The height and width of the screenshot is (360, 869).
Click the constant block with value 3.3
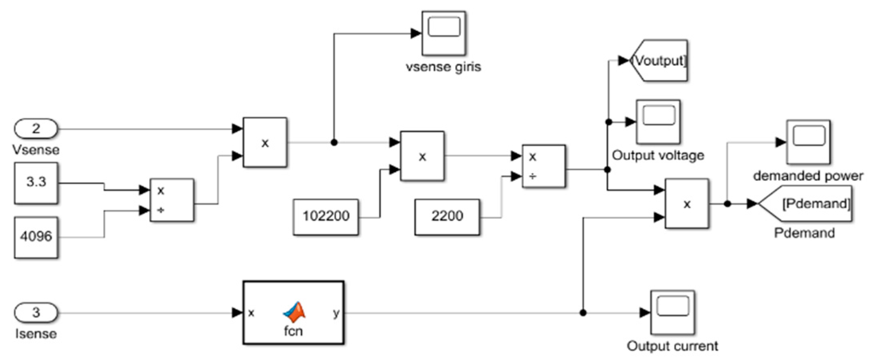point(36,183)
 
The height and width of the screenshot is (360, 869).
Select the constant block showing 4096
point(36,237)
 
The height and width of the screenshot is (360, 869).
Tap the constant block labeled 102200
point(326,217)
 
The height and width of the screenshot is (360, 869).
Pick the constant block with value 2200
point(447,217)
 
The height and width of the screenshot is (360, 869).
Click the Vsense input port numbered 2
point(36,129)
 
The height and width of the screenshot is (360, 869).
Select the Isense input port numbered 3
point(36,313)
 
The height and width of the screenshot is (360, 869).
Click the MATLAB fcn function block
point(293,313)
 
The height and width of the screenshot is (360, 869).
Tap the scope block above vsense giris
point(444,33)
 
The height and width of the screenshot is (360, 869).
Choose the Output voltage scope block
point(658,122)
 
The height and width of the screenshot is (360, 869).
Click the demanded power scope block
point(808,142)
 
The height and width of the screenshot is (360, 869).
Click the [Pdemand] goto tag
point(807,204)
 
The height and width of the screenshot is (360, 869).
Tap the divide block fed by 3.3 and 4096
point(172,200)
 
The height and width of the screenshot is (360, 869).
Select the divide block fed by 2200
point(544,166)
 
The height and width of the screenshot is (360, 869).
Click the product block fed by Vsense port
point(265,143)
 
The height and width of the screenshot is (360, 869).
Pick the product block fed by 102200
point(422,156)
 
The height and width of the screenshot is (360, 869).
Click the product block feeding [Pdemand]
point(687,204)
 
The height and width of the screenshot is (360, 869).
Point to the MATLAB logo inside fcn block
point(294,312)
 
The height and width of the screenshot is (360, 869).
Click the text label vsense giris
point(443,66)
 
